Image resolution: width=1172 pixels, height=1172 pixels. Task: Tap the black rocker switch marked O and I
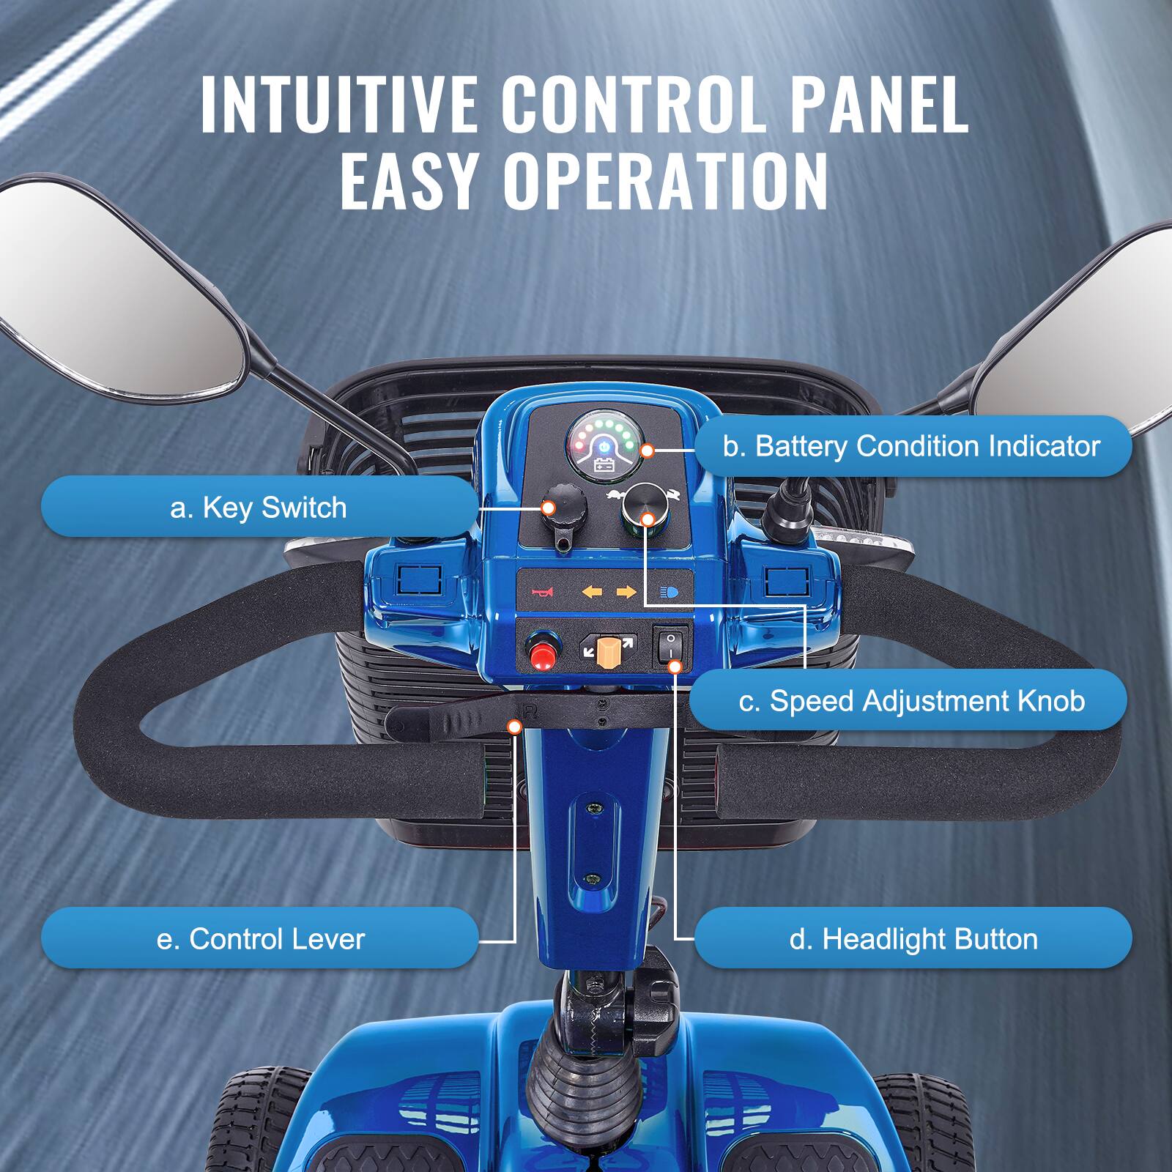pos(670,645)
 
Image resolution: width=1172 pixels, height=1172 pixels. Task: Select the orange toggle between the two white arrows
pos(607,650)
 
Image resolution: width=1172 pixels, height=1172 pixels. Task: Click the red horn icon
pos(543,592)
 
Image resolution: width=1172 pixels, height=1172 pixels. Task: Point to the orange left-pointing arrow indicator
pos(591,592)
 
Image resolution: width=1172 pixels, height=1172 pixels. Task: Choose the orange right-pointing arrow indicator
pos(626,592)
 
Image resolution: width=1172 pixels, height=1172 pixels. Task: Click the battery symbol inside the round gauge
pos(605,464)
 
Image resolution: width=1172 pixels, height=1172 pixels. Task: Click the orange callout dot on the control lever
pos(514,726)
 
